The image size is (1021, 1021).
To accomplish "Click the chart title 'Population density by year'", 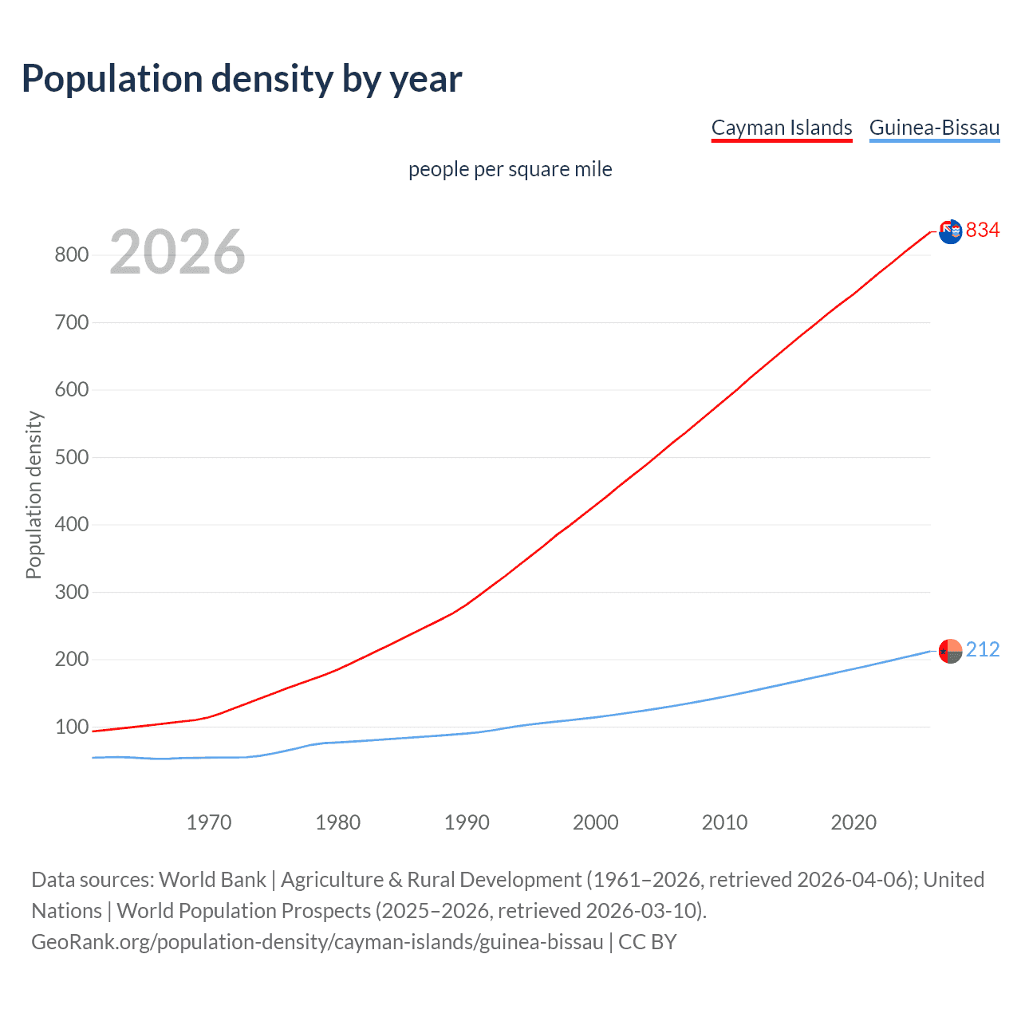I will [x=242, y=79].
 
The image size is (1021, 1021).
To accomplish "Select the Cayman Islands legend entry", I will [x=781, y=128].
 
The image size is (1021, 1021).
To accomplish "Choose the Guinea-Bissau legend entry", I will [x=934, y=128].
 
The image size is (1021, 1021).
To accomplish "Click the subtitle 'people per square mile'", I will [x=510, y=169].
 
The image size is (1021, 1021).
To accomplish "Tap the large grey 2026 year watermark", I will [x=177, y=252].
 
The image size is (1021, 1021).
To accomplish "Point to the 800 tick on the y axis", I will [x=71, y=255].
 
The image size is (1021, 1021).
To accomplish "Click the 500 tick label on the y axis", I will [x=71, y=458].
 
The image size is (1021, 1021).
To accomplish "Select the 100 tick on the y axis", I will [x=71, y=727].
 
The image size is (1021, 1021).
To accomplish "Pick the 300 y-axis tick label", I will [x=71, y=593].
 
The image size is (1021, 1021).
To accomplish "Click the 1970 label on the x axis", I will [x=209, y=822].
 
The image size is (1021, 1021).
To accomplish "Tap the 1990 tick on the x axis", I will [x=467, y=822].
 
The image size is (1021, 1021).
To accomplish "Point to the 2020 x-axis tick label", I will [x=853, y=822].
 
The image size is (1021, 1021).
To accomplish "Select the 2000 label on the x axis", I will [x=595, y=822].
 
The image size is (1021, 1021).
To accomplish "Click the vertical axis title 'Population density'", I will [x=34, y=495].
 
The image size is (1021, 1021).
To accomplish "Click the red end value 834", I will [x=982, y=231].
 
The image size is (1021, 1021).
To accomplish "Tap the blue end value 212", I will [x=982, y=650].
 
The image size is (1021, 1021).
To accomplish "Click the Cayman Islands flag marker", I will [x=950, y=232].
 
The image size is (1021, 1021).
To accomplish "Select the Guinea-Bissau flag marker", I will [x=950, y=652].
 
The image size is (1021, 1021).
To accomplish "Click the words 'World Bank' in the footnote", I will [x=212, y=880].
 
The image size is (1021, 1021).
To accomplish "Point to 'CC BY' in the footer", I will [x=647, y=942].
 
